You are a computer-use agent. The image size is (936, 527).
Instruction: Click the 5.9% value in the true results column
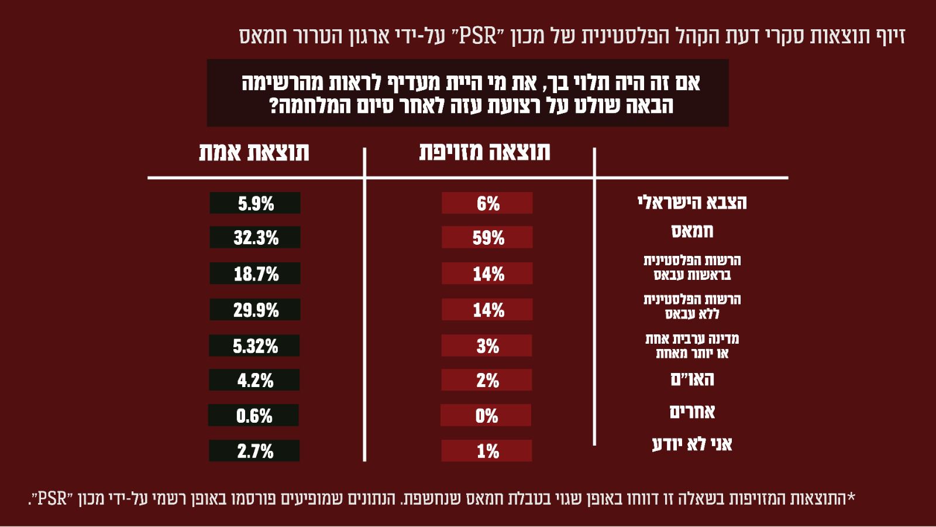click(x=255, y=203)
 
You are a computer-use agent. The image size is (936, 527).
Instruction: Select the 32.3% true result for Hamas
click(x=255, y=237)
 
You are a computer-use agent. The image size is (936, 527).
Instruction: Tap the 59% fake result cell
click(x=487, y=237)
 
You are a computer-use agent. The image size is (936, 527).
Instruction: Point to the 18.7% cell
click(x=255, y=273)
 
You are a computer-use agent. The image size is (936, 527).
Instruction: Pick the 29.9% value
click(x=255, y=310)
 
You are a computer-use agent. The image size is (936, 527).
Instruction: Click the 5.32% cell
click(x=254, y=346)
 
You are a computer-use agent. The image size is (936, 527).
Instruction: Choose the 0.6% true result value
click(x=253, y=416)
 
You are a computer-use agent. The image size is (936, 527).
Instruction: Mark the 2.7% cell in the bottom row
click(x=254, y=451)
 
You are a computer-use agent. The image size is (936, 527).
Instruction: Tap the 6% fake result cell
click(x=487, y=203)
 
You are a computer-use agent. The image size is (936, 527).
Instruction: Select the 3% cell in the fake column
click(x=487, y=346)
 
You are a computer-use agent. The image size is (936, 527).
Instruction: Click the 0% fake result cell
click(x=486, y=416)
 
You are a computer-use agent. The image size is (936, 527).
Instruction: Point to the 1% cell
click(x=487, y=451)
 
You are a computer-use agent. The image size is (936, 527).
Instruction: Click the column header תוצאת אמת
click(x=254, y=152)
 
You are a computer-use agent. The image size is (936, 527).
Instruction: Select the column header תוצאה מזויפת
click(x=484, y=152)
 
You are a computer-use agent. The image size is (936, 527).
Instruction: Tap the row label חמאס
click(x=692, y=231)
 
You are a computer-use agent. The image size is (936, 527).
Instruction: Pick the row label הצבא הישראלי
click(x=692, y=203)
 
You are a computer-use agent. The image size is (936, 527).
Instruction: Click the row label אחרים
click(x=692, y=412)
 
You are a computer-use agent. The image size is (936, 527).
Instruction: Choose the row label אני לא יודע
click(x=692, y=444)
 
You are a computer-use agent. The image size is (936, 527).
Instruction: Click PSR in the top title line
click(x=478, y=36)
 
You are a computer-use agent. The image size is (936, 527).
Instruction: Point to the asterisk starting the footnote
click(x=851, y=498)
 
